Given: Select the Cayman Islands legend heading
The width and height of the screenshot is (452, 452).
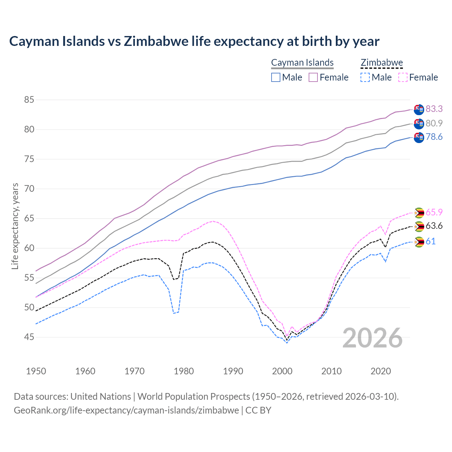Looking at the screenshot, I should (302, 63).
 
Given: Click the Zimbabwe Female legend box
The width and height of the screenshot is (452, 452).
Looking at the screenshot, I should (403, 77).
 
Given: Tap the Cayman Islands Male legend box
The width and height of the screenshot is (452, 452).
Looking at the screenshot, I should (276, 77).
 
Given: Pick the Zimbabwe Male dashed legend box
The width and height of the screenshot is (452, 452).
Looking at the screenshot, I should (365, 77).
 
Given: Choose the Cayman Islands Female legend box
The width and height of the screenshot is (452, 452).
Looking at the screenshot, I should (313, 77).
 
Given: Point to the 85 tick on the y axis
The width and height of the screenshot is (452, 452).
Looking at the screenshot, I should (29, 100).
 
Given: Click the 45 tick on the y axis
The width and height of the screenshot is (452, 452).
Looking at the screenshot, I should (29, 337).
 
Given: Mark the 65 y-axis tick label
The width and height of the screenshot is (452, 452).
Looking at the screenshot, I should (29, 219).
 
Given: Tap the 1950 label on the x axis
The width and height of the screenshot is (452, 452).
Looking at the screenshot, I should (36, 371).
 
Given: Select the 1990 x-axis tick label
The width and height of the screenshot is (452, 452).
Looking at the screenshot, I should (233, 371).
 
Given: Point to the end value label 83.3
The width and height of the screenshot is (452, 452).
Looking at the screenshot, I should (434, 109).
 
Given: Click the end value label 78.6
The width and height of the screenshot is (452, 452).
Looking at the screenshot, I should (434, 137).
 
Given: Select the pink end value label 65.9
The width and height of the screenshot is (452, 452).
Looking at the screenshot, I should (434, 212).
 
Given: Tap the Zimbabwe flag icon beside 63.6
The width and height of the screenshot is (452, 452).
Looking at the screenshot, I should (419, 226).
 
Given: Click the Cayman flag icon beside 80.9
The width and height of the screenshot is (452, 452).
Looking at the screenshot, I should (419, 124).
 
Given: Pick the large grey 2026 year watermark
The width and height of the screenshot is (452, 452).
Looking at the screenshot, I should (373, 338).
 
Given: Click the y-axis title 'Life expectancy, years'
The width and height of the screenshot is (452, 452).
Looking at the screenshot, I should (15, 226).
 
